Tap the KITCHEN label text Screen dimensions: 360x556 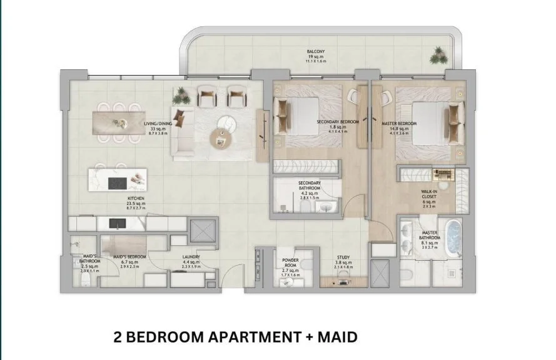click(136, 198)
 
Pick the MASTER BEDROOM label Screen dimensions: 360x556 click(398, 123)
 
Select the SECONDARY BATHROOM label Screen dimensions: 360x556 click(309, 186)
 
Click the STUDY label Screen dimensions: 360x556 click(343, 257)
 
